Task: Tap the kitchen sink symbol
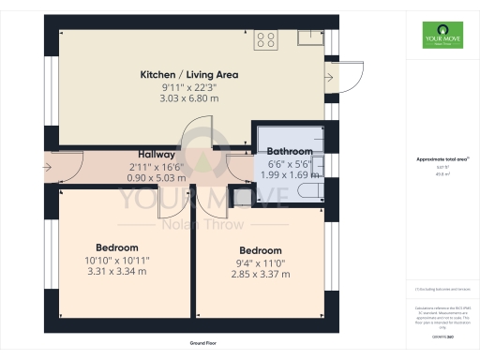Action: pyautogui.click(x=309, y=37)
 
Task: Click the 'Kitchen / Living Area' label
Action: pyautogui.click(x=189, y=74)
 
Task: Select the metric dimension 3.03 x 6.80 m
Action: pyautogui.click(x=189, y=97)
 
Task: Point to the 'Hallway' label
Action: pyautogui.click(x=157, y=155)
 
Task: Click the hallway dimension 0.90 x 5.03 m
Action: pyautogui.click(x=157, y=177)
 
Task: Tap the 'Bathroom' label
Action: pyautogui.click(x=290, y=151)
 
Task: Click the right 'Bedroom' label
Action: pyautogui.click(x=260, y=250)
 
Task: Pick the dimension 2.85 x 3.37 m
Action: pyautogui.click(x=260, y=274)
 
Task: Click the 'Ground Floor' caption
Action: pyautogui.click(x=197, y=343)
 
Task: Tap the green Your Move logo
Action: pyautogui.click(x=439, y=40)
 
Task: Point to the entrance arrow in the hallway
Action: pyautogui.click(x=50, y=167)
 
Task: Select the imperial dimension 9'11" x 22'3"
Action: pyautogui.click(x=189, y=86)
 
